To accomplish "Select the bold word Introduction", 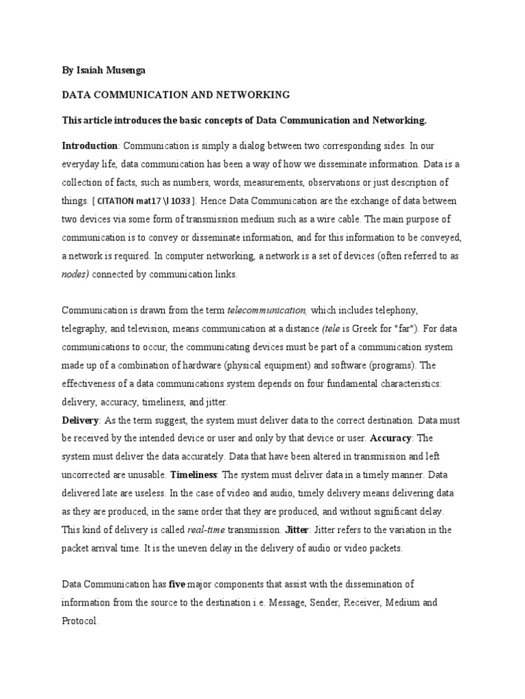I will pyautogui.click(x=90, y=145).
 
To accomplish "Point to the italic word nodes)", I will pyautogui.click(x=76, y=274).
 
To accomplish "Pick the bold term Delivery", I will pyautogui.click(x=81, y=419).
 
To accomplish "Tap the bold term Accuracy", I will pyautogui.click(x=391, y=438).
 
